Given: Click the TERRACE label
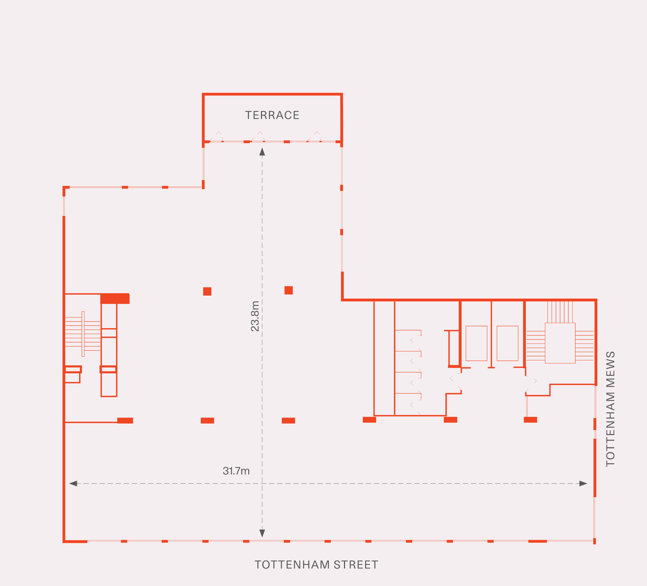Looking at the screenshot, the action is (272, 115).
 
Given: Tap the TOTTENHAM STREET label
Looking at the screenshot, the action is (316, 565).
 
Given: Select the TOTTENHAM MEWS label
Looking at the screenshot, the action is (610, 409).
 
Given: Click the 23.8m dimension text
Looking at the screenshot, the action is (255, 316).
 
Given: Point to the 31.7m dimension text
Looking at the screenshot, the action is (236, 471).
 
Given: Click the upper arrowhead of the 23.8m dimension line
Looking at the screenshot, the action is (262, 152).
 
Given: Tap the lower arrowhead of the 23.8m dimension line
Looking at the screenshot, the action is (262, 533).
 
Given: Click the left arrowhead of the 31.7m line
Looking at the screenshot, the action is (73, 483).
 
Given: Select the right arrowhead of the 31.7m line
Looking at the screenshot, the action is (583, 483).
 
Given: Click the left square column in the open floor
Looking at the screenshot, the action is (207, 291).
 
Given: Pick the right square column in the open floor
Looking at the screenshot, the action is (289, 290).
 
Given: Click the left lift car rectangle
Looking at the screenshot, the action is (477, 344).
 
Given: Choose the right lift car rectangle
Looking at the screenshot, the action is (507, 344).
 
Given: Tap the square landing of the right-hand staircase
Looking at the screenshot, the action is (560, 343).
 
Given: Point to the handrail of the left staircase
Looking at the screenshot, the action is (83, 334).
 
